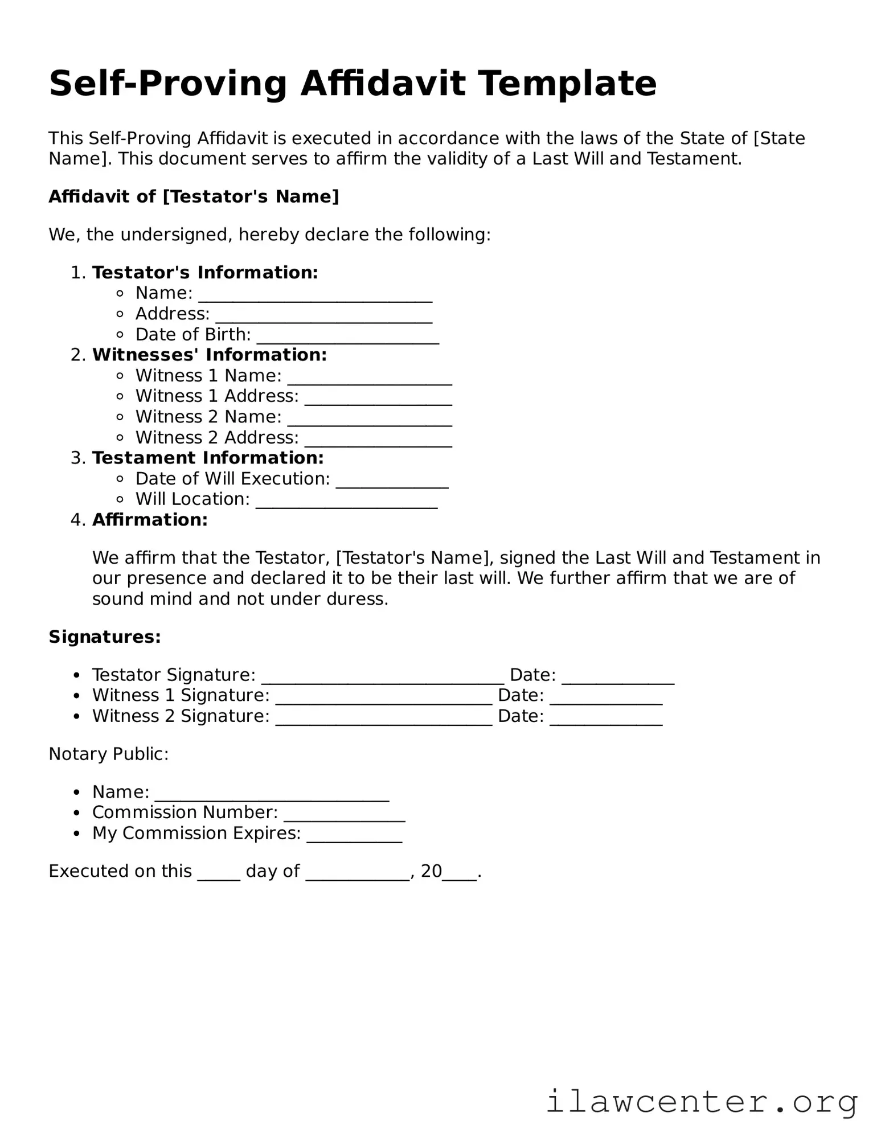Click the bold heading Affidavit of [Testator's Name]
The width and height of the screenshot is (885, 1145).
(x=194, y=196)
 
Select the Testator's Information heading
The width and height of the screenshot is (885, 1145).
(x=205, y=273)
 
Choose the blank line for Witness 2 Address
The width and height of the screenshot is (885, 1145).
(x=378, y=440)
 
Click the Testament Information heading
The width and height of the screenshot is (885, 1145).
(x=208, y=458)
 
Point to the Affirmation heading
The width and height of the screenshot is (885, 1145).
(x=150, y=520)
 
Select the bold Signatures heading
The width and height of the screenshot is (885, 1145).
(x=105, y=637)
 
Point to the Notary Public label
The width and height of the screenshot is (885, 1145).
(x=108, y=754)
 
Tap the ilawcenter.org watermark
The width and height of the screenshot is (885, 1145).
(x=702, y=1101)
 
